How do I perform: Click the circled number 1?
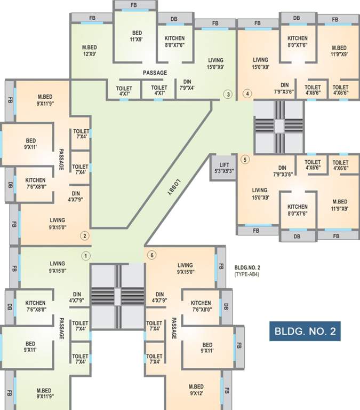pos(85,256)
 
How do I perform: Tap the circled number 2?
pos(84,234)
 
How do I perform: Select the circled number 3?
pos(228,95)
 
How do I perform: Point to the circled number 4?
pos(247,95)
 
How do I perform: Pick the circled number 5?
pos(245,159)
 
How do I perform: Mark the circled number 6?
pos(152,256)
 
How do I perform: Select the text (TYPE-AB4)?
pos(248,274)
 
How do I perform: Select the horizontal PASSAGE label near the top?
pos(155,73)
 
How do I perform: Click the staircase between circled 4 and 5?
pos(279,125)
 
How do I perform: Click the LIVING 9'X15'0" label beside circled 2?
pos(57,223)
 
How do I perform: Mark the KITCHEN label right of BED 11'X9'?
pos(174,42)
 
